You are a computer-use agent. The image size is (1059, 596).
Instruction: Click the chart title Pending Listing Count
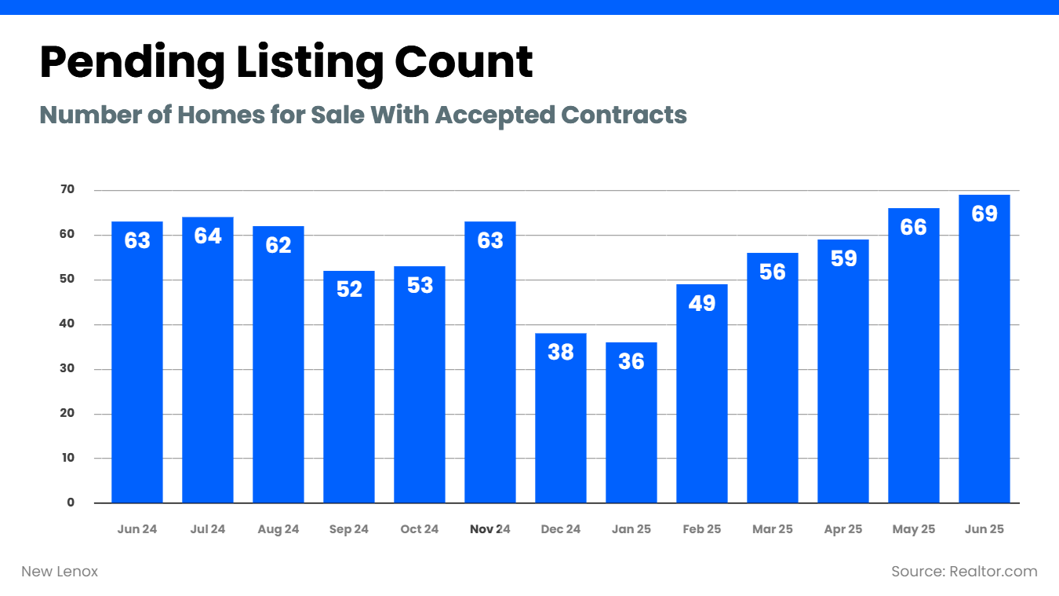coord(286,62)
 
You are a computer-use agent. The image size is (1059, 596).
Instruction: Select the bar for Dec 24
coord(561,424)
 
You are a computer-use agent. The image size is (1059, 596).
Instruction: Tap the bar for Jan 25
coord(631,432)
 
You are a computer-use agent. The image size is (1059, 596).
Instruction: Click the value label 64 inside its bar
coord(208,236)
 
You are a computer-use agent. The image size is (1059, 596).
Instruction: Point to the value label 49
coord(702,302)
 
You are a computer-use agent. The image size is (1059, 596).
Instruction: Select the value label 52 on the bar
coord(349,289)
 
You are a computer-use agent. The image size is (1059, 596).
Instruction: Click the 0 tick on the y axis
coord(71,503)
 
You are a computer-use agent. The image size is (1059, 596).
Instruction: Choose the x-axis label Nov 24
coord(490,529)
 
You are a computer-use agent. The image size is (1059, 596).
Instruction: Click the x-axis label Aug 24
coord(278,529)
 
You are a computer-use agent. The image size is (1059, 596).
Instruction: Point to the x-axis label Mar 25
coord(773,529)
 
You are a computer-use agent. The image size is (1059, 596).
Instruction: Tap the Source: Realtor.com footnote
coord(964,572)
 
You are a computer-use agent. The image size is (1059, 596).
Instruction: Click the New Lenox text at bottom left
coord(60,572)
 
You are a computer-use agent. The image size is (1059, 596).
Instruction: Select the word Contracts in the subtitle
coord(624,115)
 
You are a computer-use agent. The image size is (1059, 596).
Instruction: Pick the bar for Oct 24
coord(420,393)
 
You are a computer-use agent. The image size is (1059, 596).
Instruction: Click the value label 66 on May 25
coord(914,227)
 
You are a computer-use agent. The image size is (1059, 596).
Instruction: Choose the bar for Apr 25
coord(843,377)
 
